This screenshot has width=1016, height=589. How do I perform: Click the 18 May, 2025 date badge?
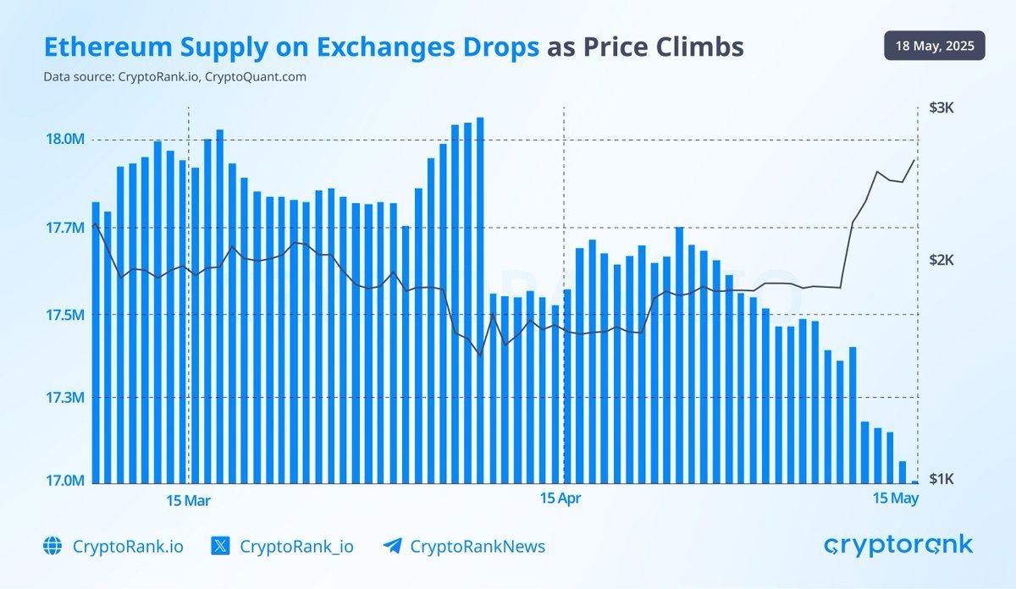(x=934, y=46)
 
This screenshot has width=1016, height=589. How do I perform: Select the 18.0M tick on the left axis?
(x=64, y=140)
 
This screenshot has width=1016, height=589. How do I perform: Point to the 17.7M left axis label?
(x=64, y=228)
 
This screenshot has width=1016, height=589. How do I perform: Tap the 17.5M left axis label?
(x=64, y=315)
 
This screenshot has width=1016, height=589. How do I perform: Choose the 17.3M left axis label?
(x=64, y=398)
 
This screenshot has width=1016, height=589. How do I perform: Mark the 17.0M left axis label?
(x=64, y=481)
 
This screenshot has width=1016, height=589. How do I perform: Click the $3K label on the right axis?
(x=941, y=108)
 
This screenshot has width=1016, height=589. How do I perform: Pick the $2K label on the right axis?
(x=941, y=260)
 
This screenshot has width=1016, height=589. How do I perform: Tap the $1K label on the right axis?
(x=941, y=479)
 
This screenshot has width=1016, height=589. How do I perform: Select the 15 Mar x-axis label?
(x=188, y=500)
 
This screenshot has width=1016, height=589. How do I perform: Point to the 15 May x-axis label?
(x=896, y=498)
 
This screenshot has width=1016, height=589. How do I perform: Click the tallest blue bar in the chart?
(x=480, y=300)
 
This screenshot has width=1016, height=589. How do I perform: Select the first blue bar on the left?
(x=96, y=343)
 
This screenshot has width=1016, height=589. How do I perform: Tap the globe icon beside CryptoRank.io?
(x=52, y=546)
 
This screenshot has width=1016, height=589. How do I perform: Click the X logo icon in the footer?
(x=220, y=546)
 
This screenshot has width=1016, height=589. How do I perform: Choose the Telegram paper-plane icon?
(x=391, y=546)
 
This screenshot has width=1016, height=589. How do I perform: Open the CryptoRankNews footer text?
(x=478, y=547)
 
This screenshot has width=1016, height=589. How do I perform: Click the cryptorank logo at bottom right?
(x=898, y=545)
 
